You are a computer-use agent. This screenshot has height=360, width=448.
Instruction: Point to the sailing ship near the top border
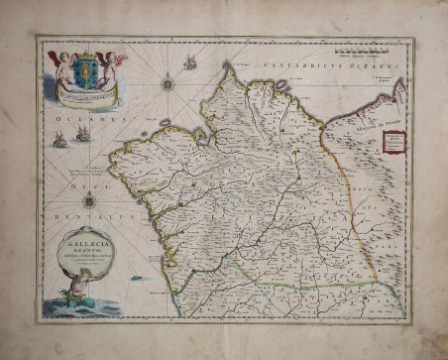[x=189, y=61]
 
